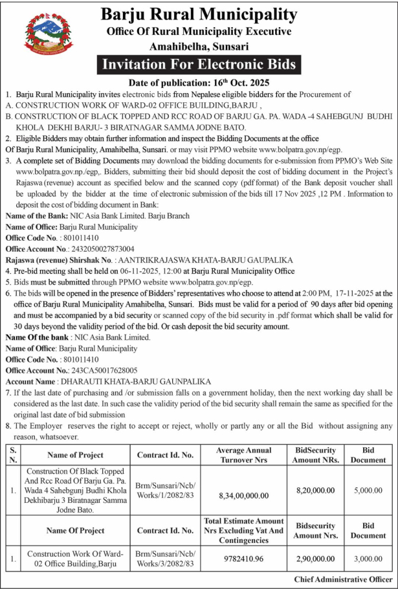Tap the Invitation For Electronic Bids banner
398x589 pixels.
click(x=199, y=65)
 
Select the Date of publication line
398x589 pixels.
click(x=199, y=83)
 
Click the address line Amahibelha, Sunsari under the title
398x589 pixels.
click(x=199, y=47)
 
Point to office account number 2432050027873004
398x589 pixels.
click(x=97, y=249)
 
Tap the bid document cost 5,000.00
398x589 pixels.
click(x=368, y=491)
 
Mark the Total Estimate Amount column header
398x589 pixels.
click(x=244, y=530)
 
